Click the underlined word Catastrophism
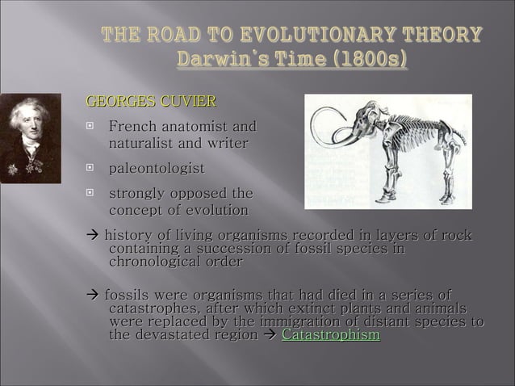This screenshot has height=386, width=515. pyautogui.click(x=330, y=335)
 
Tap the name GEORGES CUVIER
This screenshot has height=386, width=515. pyautogui.click(x=151, y=102)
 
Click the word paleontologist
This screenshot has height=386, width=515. pyautogui.click(x=156, y=168)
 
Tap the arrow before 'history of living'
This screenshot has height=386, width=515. pyautogui.click(x=91, y=235)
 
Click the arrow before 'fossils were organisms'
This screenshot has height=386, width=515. pyautogui.click(x=91, y=294)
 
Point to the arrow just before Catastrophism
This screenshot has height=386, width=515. pyautogui.click(x=271, y=335)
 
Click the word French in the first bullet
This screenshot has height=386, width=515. pyautogui.click(x=133, y=127)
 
